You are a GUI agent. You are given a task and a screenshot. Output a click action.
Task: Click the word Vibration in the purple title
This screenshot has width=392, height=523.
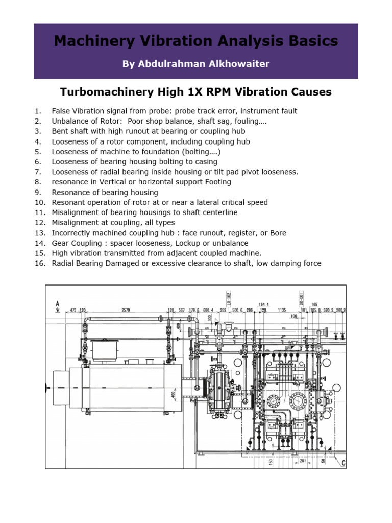tap(162, 41)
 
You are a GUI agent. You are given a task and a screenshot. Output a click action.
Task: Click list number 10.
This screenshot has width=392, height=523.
tap(40, 202)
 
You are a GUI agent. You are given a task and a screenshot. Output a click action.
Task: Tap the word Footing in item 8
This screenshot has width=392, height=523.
tap(216, 182)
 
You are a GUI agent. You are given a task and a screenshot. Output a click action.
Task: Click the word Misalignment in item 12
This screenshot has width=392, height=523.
tap(76, 223)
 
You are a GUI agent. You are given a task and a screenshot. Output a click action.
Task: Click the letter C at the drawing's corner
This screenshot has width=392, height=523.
tap(344, 463)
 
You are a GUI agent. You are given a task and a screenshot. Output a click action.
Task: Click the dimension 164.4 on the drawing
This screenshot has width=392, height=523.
tap(264, 304)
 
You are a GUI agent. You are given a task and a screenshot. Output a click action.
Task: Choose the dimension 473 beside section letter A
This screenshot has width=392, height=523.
tap(73, 310)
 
